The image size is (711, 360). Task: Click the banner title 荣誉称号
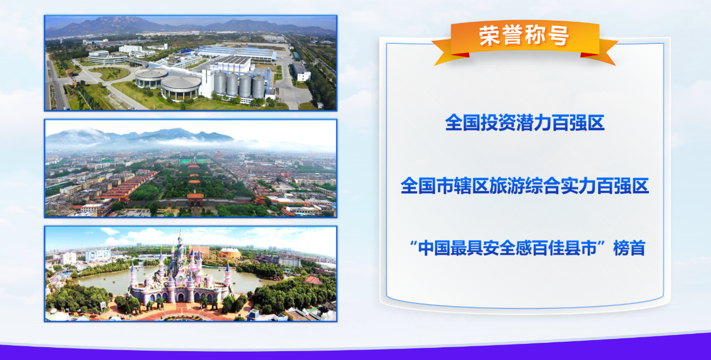click(x=524, y=36)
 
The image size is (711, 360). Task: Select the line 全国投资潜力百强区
click(x=525, y=123)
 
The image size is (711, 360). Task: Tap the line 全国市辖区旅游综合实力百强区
click(x=525, y=186)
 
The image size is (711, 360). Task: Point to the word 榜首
click(x=629, y=248)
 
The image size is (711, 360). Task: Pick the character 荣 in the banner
click(x=490, y=36)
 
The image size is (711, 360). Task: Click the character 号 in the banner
click(x=559, y=36)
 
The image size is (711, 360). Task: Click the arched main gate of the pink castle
click(x=181, y=297)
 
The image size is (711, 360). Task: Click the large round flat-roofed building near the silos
click(x=181, y=86)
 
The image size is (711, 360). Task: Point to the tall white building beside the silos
click(x=207, y=83)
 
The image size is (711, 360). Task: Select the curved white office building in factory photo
click(x=106, y=58)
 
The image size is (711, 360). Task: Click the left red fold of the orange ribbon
click(x=460, y=55)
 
